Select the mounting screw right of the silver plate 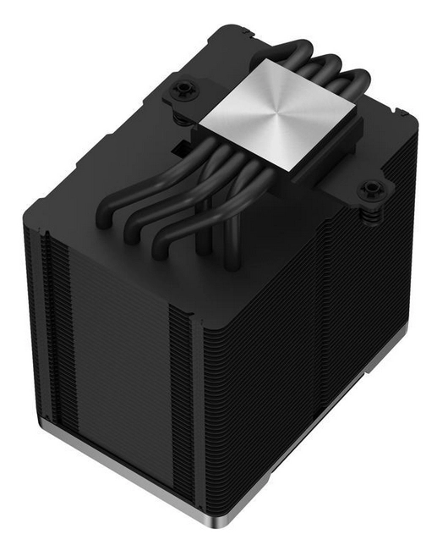[x=369, y=191]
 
